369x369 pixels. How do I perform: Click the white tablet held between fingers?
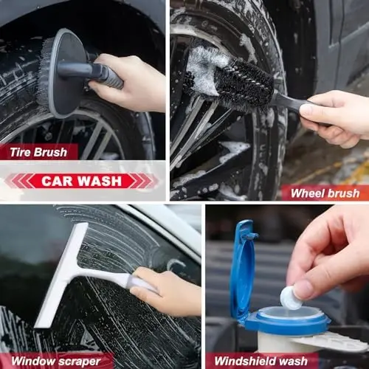pyautogui.click(x=291, y=297)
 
